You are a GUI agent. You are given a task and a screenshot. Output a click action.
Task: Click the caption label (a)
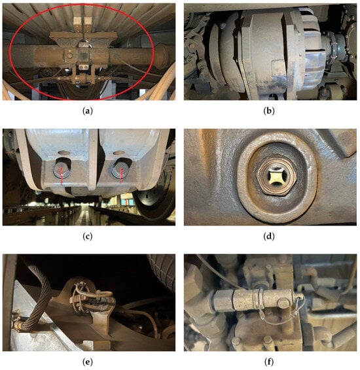88,111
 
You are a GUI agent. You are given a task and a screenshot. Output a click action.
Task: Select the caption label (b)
269,111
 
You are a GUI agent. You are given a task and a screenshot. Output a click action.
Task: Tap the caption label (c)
88,236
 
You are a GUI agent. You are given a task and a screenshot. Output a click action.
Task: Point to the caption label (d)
269,236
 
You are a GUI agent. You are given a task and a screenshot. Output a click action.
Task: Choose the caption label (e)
88,362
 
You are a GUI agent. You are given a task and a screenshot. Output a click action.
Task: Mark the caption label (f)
269,362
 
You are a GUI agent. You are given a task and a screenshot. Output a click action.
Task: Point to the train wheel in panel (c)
154,203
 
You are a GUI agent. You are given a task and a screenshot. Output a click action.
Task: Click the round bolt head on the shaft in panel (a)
69,56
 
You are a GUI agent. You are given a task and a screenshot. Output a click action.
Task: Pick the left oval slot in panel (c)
63,153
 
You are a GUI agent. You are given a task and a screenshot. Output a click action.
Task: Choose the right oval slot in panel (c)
118,153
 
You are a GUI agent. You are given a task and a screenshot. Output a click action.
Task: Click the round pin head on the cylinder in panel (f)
283,303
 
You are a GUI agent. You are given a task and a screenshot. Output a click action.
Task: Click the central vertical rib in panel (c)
92,160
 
